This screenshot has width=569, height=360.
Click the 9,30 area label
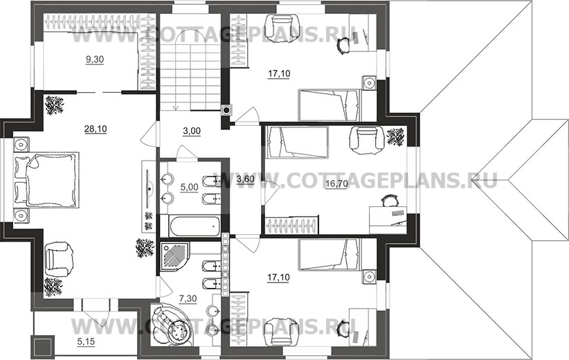pos(94,60)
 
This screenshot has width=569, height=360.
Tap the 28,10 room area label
pos(96,129)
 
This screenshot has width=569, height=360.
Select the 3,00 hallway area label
pos(192,131)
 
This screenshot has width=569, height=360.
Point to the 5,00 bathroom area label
pos(190,187)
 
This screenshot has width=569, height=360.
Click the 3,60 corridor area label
pos(245,179)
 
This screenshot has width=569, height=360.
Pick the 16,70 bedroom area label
pos(336,184)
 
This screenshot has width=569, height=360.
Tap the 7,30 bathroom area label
pos(188,298)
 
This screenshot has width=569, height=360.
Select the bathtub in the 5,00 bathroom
pos(195,226)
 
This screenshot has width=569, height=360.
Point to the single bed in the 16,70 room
pos(297,142)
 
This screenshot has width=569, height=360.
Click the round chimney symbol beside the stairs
pos(227,109)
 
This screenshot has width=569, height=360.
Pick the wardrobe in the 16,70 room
pos(291,225)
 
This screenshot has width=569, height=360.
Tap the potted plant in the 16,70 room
pos(395,137)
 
